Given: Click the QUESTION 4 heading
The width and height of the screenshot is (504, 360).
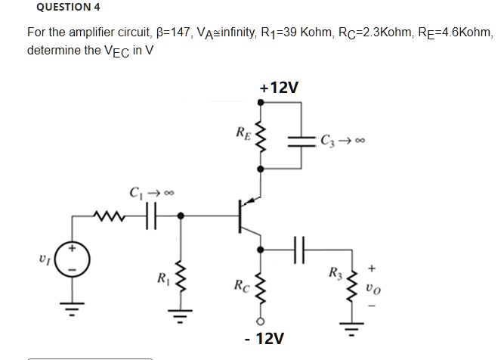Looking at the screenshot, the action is point(68,7).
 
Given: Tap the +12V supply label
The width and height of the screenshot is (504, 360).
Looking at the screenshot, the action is point(279,88).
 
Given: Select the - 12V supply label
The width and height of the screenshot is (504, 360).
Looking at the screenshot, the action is point(264,338).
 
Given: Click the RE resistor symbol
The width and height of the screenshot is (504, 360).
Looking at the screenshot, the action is point(261,136).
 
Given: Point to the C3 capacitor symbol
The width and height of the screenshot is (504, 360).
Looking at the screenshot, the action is point(301,141).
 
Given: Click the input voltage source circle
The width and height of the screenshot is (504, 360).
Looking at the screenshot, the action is point(72,259).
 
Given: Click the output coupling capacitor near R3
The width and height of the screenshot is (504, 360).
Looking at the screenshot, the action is point(299,250).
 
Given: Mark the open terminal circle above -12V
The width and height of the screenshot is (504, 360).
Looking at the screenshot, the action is point(261,321).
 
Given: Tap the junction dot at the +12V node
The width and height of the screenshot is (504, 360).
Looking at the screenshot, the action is point(261,102).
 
